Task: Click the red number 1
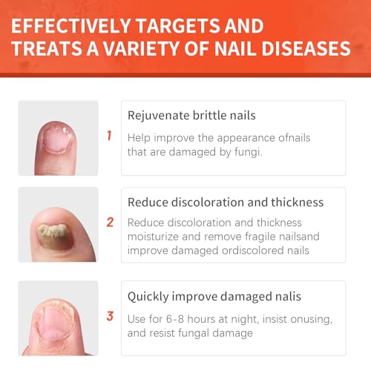coord(109,136)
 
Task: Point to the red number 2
coord(110,222)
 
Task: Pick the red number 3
coord(110,315)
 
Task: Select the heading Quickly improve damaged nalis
coord(214,296)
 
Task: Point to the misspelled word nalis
coord(287,296)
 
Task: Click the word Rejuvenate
coord(157,116)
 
